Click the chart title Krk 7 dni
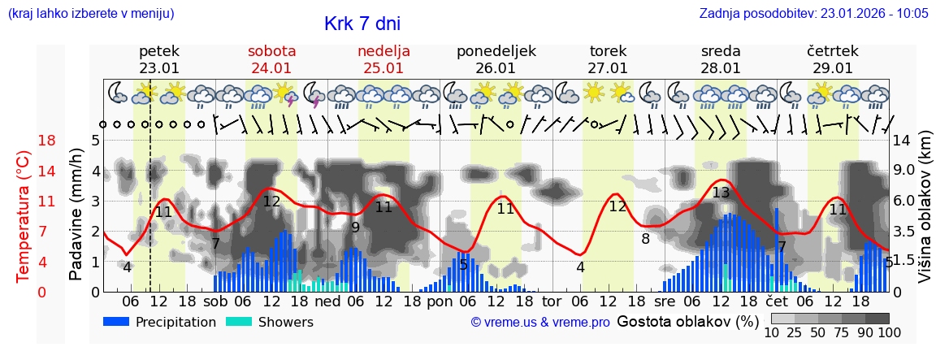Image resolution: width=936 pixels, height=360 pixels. point(362,24)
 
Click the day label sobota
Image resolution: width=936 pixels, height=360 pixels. point(271,51)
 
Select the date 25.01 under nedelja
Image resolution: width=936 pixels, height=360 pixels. point(383,68)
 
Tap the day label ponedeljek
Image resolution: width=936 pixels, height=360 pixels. point(496,51)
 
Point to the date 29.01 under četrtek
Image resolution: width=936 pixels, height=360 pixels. point(833,68)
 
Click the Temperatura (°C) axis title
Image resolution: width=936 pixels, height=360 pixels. point(24,215)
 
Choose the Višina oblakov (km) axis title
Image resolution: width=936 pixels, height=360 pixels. point(925,215)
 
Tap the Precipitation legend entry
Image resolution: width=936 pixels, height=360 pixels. point(159,322)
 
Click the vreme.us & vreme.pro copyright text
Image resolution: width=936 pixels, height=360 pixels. point(539,322)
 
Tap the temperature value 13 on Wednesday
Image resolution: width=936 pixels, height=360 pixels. point(721,193)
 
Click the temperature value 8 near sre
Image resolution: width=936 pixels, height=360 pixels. point(646,239)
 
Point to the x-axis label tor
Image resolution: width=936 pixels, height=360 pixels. point(552,301)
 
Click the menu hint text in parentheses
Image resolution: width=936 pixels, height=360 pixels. point(90,13)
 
